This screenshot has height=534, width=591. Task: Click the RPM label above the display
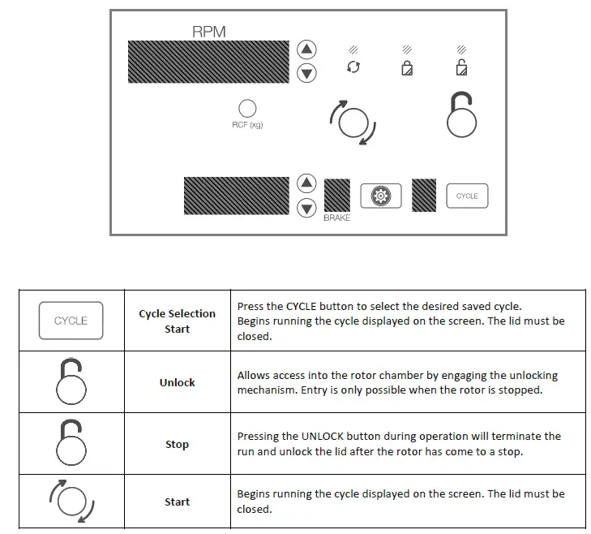[208, 32]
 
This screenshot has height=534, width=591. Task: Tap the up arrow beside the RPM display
[306, 49]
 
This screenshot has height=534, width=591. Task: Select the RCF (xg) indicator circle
[247, 109]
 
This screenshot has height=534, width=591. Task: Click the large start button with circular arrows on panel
[353, 123]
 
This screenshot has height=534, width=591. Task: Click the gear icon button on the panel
[381, 196]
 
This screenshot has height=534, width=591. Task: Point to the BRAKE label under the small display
[337, 218]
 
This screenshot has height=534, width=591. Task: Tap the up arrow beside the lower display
[306, 183]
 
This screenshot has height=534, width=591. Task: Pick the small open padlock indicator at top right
[461, 67]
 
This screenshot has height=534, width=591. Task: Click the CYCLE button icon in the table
[71, 321]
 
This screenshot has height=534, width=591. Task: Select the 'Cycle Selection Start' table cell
[177, 321]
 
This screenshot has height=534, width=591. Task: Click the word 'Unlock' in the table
[177, 382]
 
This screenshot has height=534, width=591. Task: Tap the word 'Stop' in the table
[177, 444]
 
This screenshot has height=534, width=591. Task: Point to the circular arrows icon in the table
[71, 502]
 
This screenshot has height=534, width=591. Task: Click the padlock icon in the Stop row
[71, 443]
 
